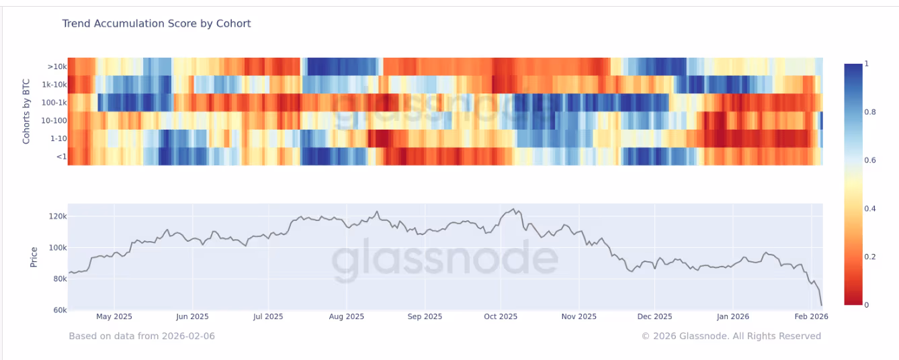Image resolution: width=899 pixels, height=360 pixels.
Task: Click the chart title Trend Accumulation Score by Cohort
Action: tap(157, 24)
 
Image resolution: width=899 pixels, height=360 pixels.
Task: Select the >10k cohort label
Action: tap(56, 66)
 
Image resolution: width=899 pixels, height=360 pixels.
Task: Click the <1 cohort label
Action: tap(60, 156)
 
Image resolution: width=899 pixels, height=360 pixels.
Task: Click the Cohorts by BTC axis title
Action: tap(27, 111)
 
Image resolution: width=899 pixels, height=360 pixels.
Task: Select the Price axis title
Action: tap(34, 256)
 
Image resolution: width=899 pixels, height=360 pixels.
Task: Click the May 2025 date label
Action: tap(114, 316)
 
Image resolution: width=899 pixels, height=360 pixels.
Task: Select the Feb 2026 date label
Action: tap(811, 316)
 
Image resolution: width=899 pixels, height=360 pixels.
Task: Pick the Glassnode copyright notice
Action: tap(731, 336)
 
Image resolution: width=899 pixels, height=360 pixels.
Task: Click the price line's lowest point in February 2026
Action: tap(822, 305)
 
